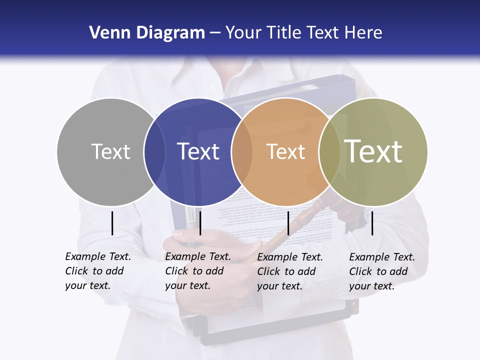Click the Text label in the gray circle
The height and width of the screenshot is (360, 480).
110,151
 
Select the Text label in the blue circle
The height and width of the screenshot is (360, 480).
198,151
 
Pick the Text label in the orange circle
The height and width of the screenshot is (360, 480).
285,151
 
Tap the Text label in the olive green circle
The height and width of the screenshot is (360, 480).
373,151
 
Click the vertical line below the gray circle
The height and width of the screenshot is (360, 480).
112,223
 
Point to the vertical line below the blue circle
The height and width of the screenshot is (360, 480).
200,223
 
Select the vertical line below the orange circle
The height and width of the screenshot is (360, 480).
288,223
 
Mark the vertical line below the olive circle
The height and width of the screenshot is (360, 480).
372,223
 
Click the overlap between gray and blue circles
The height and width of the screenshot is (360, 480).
154,151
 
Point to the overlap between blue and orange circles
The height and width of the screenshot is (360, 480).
242,151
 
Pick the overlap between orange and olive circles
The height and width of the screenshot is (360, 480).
329,151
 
